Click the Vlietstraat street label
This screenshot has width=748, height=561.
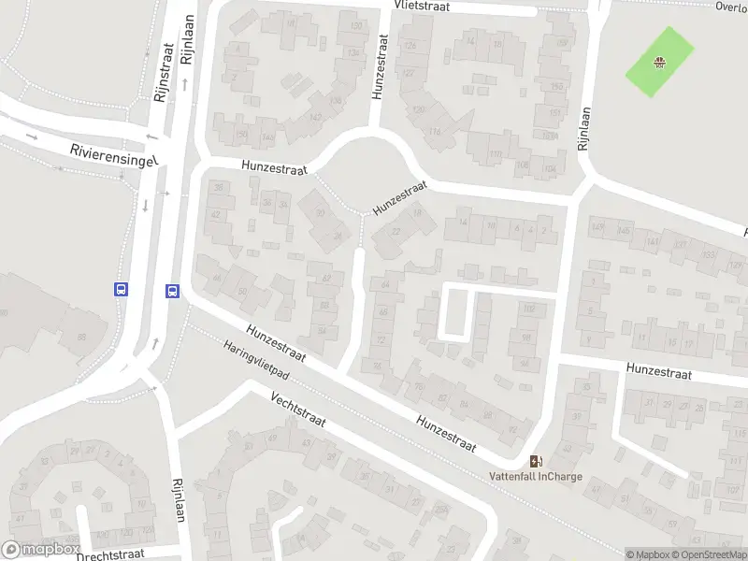point(422,6)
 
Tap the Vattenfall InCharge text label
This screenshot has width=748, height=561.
point(536,476)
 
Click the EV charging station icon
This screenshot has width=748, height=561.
point(536,460)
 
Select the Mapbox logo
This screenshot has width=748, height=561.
point(40,550)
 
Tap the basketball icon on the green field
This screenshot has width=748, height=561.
point(660,63)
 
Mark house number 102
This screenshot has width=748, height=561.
point(530,309)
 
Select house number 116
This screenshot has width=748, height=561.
point(434,132)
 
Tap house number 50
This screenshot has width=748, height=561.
point(242,293)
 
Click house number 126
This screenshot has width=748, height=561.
point(409,46)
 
